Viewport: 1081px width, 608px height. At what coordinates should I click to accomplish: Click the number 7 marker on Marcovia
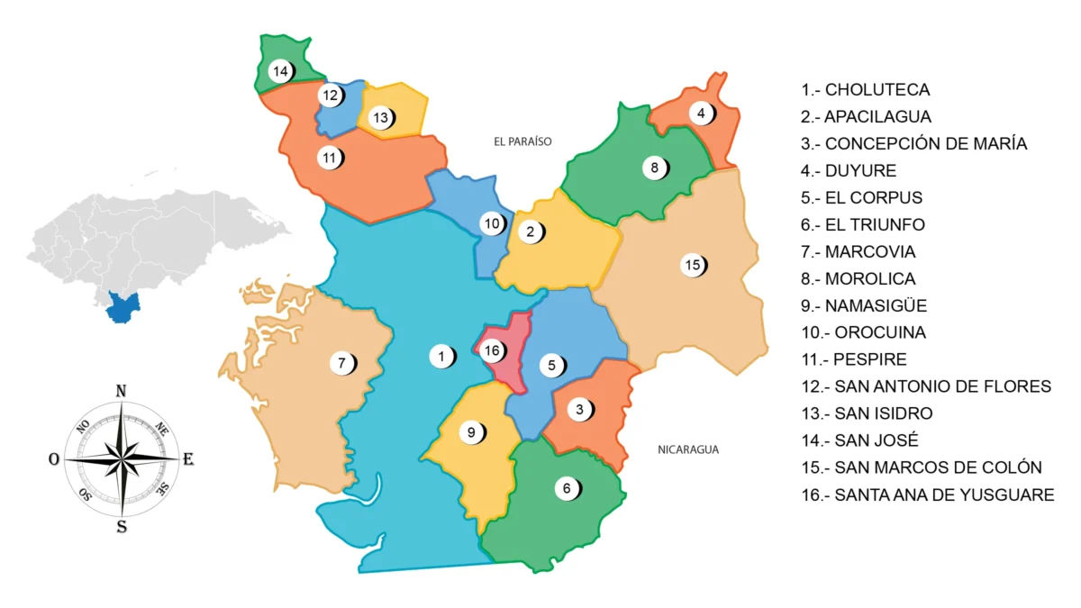(341, 364)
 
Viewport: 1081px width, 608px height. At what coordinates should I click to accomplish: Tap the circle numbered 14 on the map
(280, 70)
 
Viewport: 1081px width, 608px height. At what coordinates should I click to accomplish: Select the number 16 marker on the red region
(491, 350)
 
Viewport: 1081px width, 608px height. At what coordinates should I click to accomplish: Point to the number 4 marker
(702, 113)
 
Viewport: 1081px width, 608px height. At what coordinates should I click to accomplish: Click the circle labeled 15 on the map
(692, 265)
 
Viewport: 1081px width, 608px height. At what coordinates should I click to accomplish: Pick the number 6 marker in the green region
(567, 488)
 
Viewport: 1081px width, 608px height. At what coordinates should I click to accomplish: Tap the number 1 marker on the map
(441, 357)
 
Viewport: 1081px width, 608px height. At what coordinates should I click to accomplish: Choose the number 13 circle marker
(381, 117)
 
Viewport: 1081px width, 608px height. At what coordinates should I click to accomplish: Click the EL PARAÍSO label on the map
(522, 141)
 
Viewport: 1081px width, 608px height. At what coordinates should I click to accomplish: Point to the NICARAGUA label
(688, 449)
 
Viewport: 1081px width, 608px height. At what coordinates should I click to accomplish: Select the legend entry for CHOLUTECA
(866, 90)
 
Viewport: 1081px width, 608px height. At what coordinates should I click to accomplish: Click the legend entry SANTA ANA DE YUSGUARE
(928, 495)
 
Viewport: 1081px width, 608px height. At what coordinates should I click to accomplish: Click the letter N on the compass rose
(121, 390)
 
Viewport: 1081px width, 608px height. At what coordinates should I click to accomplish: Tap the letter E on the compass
(188, 459)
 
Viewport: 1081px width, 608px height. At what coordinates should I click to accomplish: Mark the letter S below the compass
(121, 528)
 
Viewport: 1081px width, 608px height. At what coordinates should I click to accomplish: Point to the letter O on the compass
(54, 459)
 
